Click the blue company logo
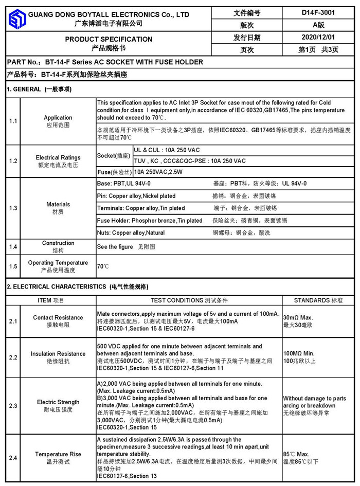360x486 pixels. coord(17,19)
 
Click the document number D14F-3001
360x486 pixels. coord(318,13)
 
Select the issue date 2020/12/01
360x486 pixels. coord(318,38)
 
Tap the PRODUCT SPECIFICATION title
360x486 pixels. coord(109,39)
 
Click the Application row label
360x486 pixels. coord(58,118)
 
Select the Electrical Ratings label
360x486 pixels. coord(58,157)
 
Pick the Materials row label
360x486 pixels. coord(58,204)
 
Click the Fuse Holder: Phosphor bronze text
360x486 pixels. coord(150,221)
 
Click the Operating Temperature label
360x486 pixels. coord(58,263)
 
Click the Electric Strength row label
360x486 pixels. coord(58,402)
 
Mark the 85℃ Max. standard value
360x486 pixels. coord(296,455)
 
